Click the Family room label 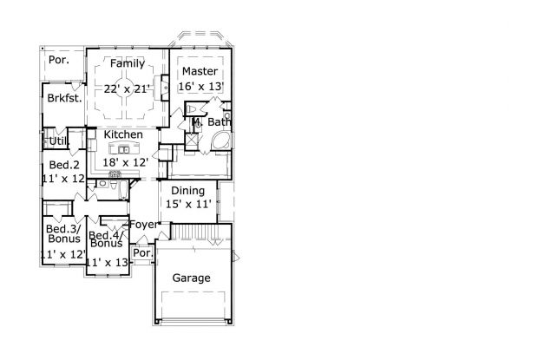point(127,64)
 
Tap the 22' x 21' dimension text point(128,88)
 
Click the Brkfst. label point(64,99)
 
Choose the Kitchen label point(123,135)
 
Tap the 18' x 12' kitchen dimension point(127,162)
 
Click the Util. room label point(57,141)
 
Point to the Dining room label point(187,191)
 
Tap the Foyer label point(144,225)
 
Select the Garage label point(192,278)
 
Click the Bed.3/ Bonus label point(64,233)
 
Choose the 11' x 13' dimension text point(106,262)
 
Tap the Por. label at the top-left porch point(59,60)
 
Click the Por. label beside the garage point(142,254)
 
